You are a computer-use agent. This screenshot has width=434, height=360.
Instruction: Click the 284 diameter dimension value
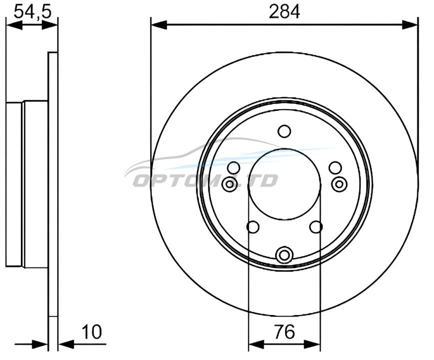point(284,12)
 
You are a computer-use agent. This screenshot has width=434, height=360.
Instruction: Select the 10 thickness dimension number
point(92,331)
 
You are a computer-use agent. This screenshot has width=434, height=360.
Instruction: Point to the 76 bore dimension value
point(285,331)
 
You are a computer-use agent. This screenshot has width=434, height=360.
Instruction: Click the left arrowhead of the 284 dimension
point(159,24)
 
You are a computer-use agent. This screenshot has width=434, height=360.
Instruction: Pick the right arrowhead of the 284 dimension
point(410,24)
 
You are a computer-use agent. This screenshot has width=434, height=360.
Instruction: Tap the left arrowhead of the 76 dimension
point(257,344)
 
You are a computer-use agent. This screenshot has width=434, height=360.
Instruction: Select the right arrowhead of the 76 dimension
point(313,344)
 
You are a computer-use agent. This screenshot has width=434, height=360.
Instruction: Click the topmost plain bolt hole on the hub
point(284,131)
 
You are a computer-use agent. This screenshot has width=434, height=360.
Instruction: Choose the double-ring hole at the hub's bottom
point(284,254)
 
